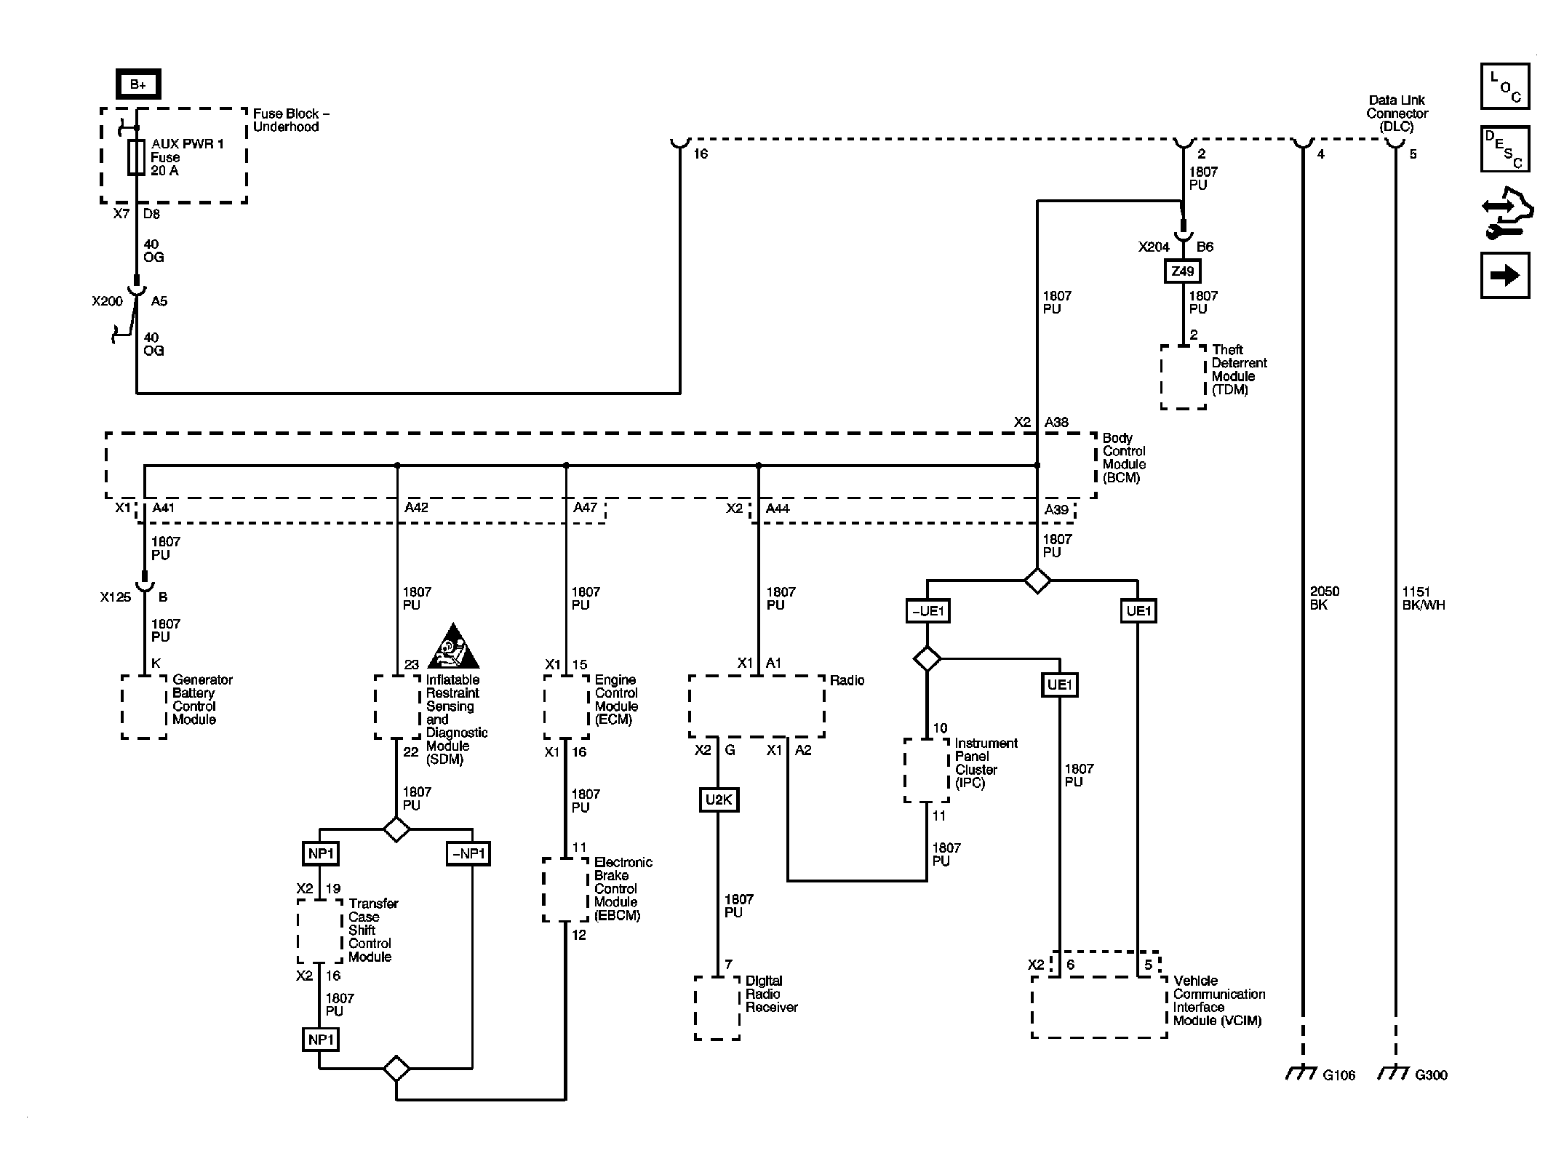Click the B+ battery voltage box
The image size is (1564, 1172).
point(137,84)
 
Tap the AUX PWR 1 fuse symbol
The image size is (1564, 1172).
point(136,157)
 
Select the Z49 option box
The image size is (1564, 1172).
point(1183,271)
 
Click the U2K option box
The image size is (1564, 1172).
point(718,800)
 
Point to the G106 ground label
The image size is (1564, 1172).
point(1338,1075)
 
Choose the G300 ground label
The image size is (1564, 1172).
point(1431,1075)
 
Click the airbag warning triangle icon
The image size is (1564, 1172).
point(454,647)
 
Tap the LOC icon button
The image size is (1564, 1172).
point(1504,87)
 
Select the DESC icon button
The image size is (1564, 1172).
point(1504,149)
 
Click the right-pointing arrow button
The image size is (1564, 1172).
point(1504,275)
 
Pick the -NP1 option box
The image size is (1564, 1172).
point(468,853)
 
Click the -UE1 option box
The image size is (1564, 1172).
point(927,611)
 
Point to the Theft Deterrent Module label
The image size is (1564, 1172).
point(1239,370)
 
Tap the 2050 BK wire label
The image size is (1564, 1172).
point(1324,598)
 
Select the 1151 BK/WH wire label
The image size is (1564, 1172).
point(1423,598)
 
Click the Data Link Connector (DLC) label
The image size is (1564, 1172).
point(1396,113)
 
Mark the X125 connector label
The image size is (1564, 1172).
point(116,597)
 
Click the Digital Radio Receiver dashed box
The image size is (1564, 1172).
point(717,1008)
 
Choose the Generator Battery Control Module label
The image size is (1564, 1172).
point(202,699)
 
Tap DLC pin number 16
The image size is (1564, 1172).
point(700,154)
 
